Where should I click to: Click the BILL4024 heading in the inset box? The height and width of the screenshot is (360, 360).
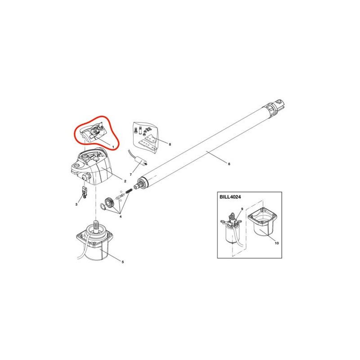point(230,197)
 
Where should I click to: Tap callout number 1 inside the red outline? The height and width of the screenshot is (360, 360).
point(113,147)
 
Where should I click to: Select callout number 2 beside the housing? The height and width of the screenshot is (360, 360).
point(125,181)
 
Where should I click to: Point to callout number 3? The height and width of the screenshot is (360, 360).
point(76,204)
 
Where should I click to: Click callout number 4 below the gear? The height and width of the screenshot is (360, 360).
point(121,216)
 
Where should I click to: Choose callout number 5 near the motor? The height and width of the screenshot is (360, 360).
point(122,262)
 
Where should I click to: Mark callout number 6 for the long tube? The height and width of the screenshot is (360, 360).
point(229,164)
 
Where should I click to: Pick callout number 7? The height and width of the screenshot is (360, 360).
point(130,175)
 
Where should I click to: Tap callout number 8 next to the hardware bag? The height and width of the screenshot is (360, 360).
point(170,144)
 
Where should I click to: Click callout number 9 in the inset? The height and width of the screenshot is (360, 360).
point(242,209)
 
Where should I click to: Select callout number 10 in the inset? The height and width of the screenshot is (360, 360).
point(277,243)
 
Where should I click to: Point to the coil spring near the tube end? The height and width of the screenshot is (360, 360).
point(129,191)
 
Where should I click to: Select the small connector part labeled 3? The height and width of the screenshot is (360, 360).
point(85,192)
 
